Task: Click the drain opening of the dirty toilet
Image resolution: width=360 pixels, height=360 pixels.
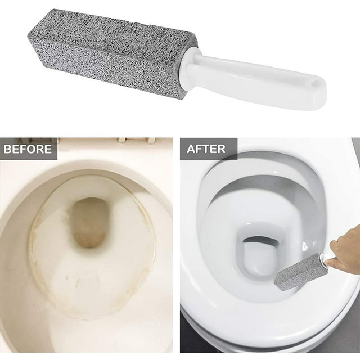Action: tap(89, 222)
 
